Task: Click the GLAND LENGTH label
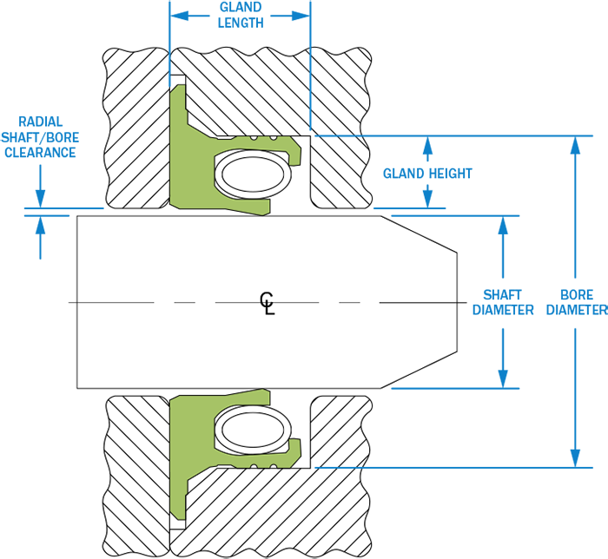click(x=241, y=15)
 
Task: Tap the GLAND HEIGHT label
click(x=427, y=173)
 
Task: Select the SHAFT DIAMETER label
click(x=503, y=302)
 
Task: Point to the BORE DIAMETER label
click(x=577, y=302)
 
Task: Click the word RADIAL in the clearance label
click(x=40, y=122)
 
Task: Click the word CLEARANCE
click(x=40, y=152)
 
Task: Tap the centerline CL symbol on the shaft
click(x=267, y=303)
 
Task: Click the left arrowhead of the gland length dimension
click(x=179, y=16)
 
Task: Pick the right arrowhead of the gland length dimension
click(x=301, y=16)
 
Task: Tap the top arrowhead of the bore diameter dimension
click(x=575, y=145)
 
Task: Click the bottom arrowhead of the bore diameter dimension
click(x=575, y=458)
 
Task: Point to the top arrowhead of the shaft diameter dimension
click(x=503, y=225)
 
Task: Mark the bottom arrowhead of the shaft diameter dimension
click(x=503, y=378)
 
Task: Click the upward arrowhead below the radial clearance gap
click(x=40, y=225)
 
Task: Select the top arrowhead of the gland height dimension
click(x=427, y=145)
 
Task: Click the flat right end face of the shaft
click(x=457, y=303)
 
